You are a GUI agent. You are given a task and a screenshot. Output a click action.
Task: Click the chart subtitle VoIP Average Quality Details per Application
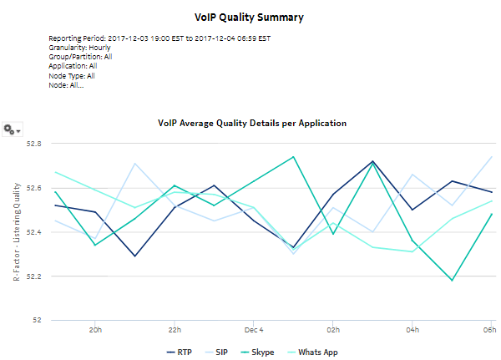[252, 123]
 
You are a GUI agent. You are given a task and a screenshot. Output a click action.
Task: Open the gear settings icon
[12, 129]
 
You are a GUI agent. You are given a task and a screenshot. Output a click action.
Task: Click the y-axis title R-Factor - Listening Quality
[17, 231]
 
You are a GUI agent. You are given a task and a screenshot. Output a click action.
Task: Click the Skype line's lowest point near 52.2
[453, 281]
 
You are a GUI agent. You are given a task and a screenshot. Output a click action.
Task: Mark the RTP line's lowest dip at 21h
[135, 256]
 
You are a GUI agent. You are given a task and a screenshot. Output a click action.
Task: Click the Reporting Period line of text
[159, 38]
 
